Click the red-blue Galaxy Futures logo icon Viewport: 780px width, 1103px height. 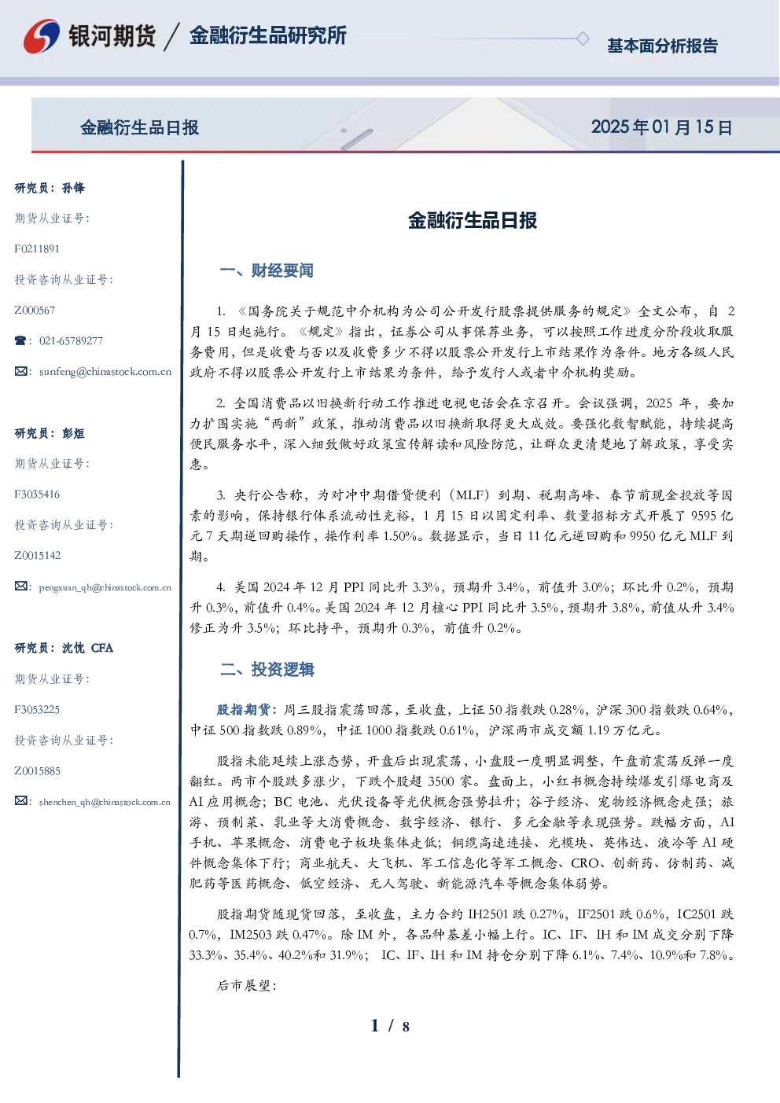(42, 36)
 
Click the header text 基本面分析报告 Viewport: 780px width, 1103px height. (662, 46)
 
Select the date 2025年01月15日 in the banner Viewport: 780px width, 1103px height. (662, 127)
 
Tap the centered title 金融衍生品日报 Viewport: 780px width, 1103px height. (473, 220)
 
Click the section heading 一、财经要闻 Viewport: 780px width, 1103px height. (267, 270)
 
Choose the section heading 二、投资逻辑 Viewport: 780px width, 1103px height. (267, 669)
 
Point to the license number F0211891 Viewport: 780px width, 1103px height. (37, 248)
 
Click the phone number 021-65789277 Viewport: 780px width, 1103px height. (71, 340)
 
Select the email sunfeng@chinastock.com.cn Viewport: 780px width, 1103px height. (105, 372)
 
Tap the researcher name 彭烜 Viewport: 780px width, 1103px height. (73, 433)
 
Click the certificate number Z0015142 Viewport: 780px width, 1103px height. (38, 556)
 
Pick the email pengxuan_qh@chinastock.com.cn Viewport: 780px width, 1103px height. (105, 587)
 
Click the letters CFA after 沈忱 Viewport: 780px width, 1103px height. (102, 648)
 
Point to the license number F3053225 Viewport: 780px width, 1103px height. (37, 710)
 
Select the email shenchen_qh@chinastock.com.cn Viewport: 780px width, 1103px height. (105, 802)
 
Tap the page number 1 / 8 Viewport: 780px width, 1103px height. (390, 1026)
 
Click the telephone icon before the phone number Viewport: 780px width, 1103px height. (20, 340)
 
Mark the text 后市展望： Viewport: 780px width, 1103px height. (247, 985)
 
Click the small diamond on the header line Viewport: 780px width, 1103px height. (583, 39)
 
